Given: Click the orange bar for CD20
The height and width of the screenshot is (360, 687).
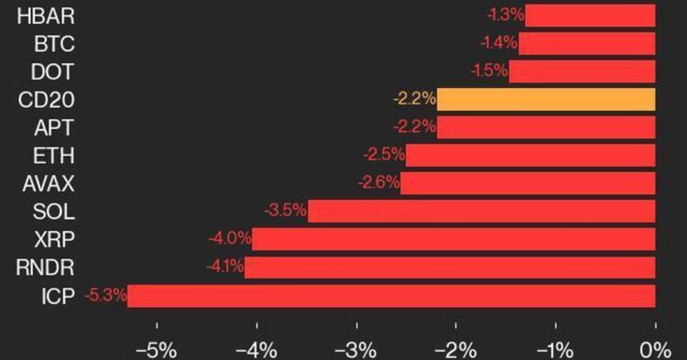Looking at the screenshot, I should [x=546, y=99].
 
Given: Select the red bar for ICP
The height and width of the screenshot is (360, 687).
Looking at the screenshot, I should [x=391, y=296].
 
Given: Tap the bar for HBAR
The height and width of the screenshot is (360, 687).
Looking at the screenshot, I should [x=590, y=16].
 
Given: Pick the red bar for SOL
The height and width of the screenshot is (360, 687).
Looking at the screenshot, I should [x=481, y=212].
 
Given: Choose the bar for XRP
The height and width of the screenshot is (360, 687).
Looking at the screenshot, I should [x=453, y=240].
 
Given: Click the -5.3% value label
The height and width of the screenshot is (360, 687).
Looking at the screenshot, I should [x=104, y=296].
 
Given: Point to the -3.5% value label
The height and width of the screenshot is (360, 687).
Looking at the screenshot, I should [x=284, y=212].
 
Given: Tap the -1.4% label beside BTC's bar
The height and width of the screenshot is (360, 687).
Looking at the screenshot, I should [x=498, y=43].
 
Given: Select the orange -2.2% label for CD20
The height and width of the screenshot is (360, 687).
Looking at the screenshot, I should [x=414, y=99].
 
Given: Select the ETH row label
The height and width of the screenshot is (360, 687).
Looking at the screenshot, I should [x=55, y=155].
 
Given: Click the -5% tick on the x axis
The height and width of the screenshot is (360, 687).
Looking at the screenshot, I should [x=156, y=350].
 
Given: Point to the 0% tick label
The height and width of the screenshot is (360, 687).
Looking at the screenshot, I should [x=655, y=350].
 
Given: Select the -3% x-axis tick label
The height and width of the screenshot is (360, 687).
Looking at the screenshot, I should [x=355, y=350].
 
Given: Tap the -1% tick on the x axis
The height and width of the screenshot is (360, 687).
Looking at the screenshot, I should [x=555, y=350].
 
